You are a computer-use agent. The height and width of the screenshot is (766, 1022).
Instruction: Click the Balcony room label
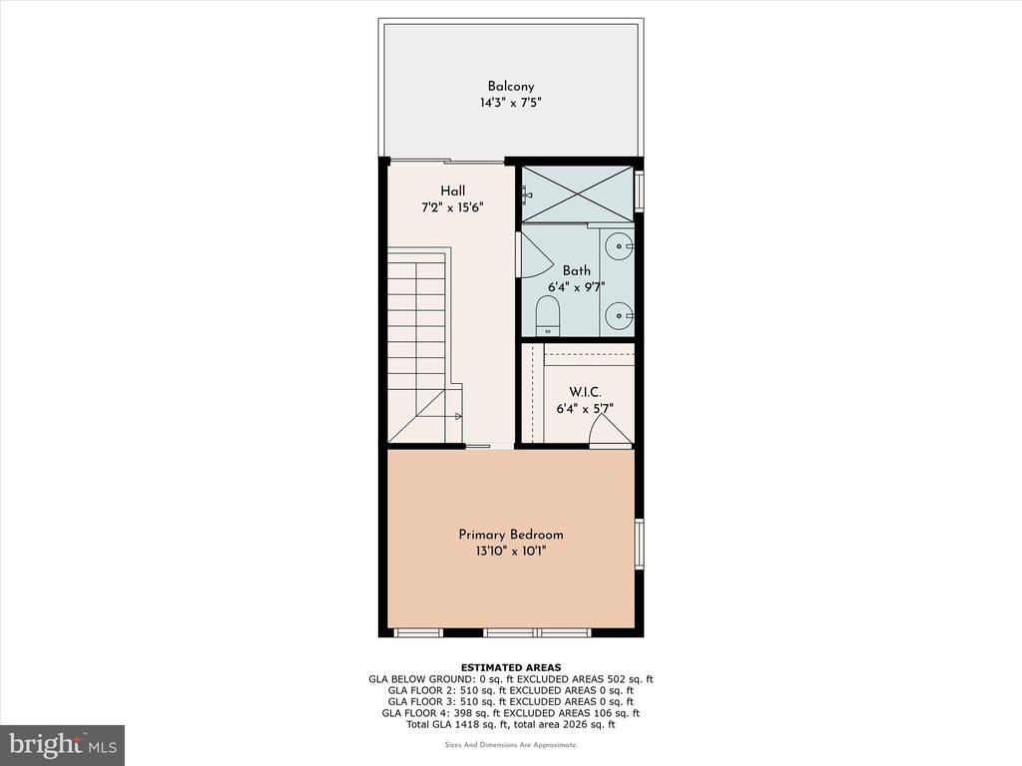[x=511, y=86]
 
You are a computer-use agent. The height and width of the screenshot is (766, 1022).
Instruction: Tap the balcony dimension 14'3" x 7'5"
[x=511, y=103]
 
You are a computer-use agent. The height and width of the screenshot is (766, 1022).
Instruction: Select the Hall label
[x=452, y=191]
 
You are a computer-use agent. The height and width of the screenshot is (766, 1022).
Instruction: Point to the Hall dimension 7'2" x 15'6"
[x=452, y=207]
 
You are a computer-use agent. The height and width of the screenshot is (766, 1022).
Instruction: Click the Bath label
[x=577, y=270]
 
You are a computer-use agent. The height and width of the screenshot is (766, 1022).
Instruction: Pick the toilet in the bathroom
[x=548, y=316]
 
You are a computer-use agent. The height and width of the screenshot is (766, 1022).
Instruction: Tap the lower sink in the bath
[x=618, y=317]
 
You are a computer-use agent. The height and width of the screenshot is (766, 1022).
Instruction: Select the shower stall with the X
[x=578, y=194]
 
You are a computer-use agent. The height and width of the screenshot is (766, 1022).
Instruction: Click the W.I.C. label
[x=585, y=392]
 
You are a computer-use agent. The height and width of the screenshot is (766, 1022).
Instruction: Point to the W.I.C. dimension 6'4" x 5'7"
[x=585, y=409]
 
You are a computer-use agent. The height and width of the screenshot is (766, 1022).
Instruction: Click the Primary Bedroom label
[x=511, y=535]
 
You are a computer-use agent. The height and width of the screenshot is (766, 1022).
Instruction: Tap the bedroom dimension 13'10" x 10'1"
[x=511, y=552]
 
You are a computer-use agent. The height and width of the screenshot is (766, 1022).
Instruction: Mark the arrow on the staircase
[x=453, y=416]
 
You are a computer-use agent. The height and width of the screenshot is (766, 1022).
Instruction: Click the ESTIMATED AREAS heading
[x=511, y=667]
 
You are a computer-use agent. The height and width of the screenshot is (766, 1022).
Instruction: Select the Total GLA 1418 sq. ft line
[x=511, y=724]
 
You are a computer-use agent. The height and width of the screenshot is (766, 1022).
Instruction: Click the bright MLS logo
[x=63, y=745]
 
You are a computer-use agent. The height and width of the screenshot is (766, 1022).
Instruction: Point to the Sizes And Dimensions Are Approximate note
[x=511, y=745]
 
